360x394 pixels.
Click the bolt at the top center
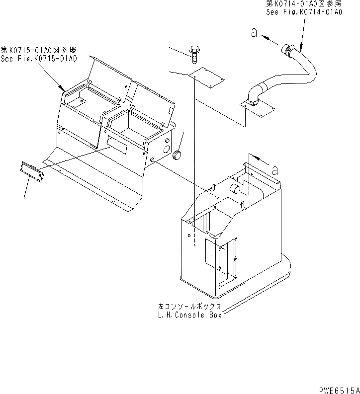coord(194,52)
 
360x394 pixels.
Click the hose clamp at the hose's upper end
coord(288,48)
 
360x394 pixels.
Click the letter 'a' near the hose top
coord(254,33)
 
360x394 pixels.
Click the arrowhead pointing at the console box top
coord(253,157)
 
